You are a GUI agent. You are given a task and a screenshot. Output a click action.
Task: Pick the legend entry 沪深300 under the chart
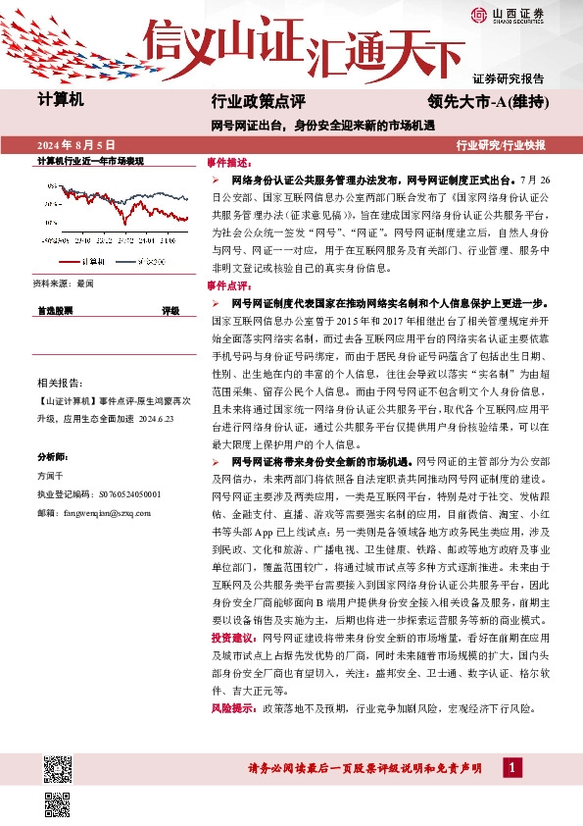[x=137, y=261]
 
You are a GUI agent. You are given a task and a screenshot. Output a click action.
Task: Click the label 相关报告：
[x=58, y=381]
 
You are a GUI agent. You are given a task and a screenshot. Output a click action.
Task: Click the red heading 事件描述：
[x=229, y=160]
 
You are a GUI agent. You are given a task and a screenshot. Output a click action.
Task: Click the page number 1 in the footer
[x=511, y=766]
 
